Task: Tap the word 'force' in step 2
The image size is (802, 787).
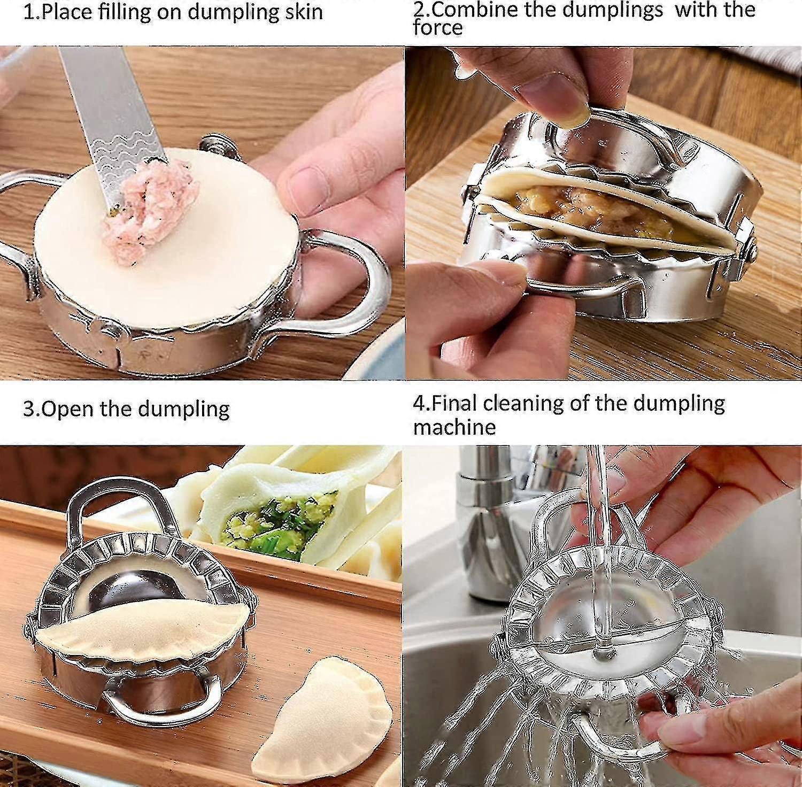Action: pos(437,28)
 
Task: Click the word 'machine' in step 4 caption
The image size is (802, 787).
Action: pos(454,427)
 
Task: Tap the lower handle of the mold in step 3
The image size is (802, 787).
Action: pos(160,700)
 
